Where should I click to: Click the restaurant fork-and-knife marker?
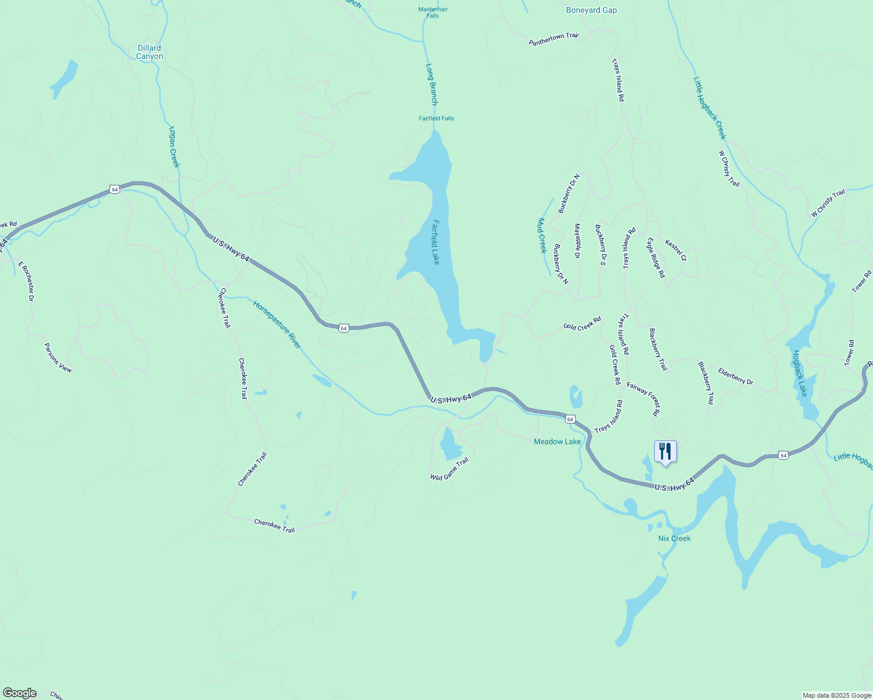click(x=665, y=452)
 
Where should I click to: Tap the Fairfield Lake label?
click(x=435, y=242)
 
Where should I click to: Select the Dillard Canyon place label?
click(x=149, y=52)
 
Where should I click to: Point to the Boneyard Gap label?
click(x=591, y=10)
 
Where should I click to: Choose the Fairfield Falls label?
click(x=436, y=118)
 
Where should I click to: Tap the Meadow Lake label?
click(x=557, y=442)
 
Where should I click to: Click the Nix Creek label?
click(x=674, y=538)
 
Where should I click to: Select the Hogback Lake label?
click(x=799, y=373)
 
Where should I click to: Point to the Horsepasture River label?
click(x=277, y=324)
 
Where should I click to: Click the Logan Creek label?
click(x=174, y=147)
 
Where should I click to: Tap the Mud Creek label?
click(x=542, y=236)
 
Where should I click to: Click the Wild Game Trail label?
click(x=449, y=469)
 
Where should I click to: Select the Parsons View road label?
click(x=58, y=358)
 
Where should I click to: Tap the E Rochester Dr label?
click(x=27, y=281)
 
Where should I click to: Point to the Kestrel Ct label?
click(x=676, y=250)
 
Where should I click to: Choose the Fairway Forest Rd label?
click(x=643, y=398)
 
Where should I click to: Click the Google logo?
click(x=19, y=693)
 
